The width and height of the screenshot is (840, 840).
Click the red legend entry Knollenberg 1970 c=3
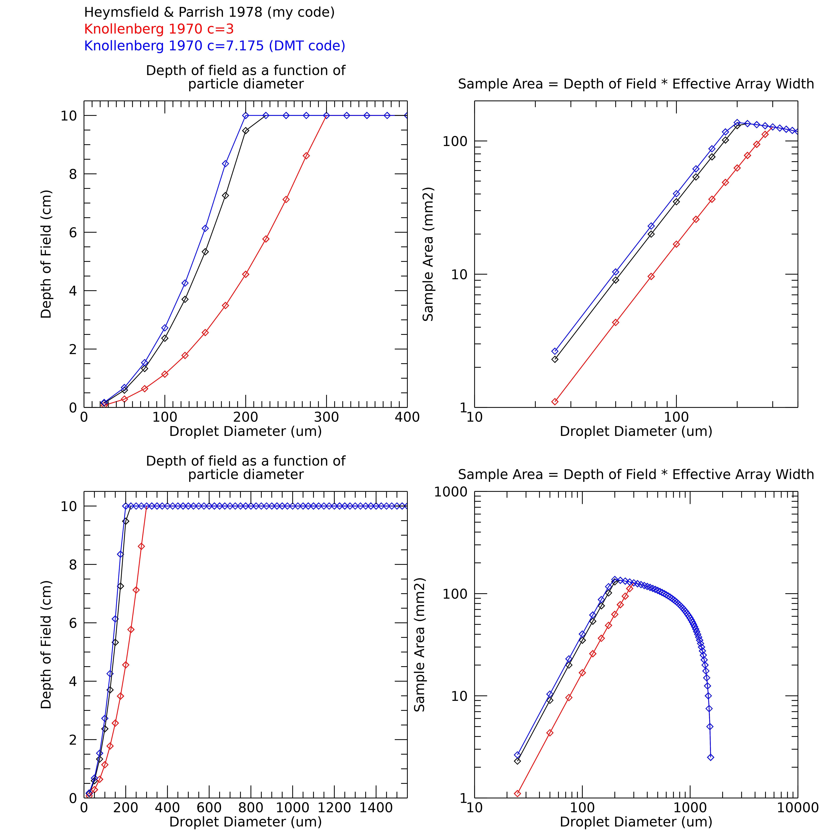159,29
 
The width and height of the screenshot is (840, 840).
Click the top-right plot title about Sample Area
636,84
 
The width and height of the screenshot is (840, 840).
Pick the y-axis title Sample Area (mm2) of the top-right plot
428,254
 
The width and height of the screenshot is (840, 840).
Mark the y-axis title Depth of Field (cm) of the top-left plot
46,254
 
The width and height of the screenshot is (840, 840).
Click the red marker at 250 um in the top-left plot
286,200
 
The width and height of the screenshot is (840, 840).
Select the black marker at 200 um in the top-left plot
246,130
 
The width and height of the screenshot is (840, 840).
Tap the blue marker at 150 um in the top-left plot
205,228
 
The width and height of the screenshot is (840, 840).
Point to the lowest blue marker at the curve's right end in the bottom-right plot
710,757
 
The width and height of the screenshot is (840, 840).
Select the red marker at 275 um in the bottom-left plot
141,547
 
